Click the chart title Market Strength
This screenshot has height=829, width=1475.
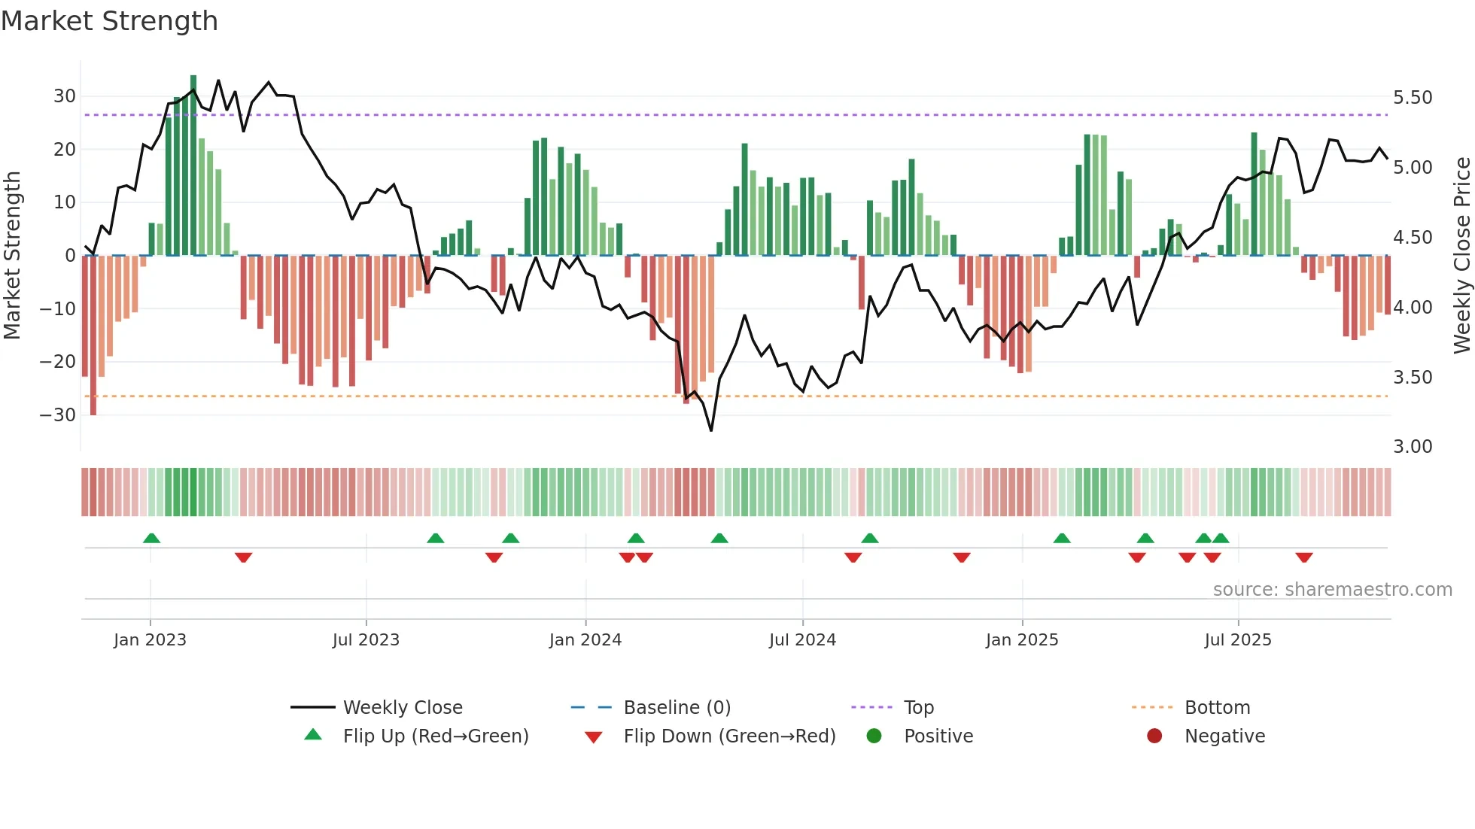click(109, 21)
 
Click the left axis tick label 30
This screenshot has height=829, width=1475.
click(64, 96)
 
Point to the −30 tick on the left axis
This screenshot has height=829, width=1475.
click(58, 415)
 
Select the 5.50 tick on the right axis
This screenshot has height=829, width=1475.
click(1413, 98)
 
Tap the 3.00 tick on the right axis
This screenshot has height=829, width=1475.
click(1413, 447)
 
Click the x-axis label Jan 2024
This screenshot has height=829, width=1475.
click(585, 640)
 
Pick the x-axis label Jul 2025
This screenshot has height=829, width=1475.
click(1238, 640)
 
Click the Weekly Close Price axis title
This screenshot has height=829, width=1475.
click(1461, 256)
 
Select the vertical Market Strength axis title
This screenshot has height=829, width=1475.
click(12, 256)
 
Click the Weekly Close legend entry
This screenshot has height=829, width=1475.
click(403, 708)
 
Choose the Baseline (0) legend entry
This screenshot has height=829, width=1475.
click(677, 708)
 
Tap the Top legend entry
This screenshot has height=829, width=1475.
click(919, 708)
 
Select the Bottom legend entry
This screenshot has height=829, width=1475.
click(1217, 708)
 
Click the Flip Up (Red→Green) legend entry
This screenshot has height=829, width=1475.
click(436, 736)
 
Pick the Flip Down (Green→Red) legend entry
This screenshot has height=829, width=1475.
click(729, 736)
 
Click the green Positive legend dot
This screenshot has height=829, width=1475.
click(874, 736)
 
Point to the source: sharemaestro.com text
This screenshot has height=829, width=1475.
click(1332, 590)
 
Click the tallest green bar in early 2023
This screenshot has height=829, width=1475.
click(193, 165)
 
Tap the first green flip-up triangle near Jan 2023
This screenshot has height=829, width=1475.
click(151, 539)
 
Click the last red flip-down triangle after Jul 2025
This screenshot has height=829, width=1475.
click(1304, 557)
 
